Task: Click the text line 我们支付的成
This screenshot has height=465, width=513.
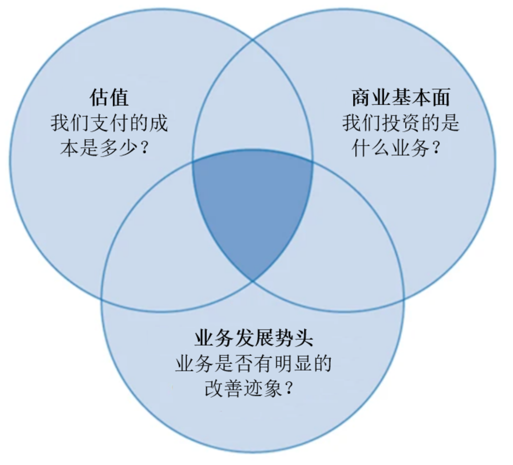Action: pos(109,123)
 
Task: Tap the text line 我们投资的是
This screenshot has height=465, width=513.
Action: pos(400,123)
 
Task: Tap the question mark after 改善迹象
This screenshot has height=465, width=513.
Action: pos(289,389)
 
